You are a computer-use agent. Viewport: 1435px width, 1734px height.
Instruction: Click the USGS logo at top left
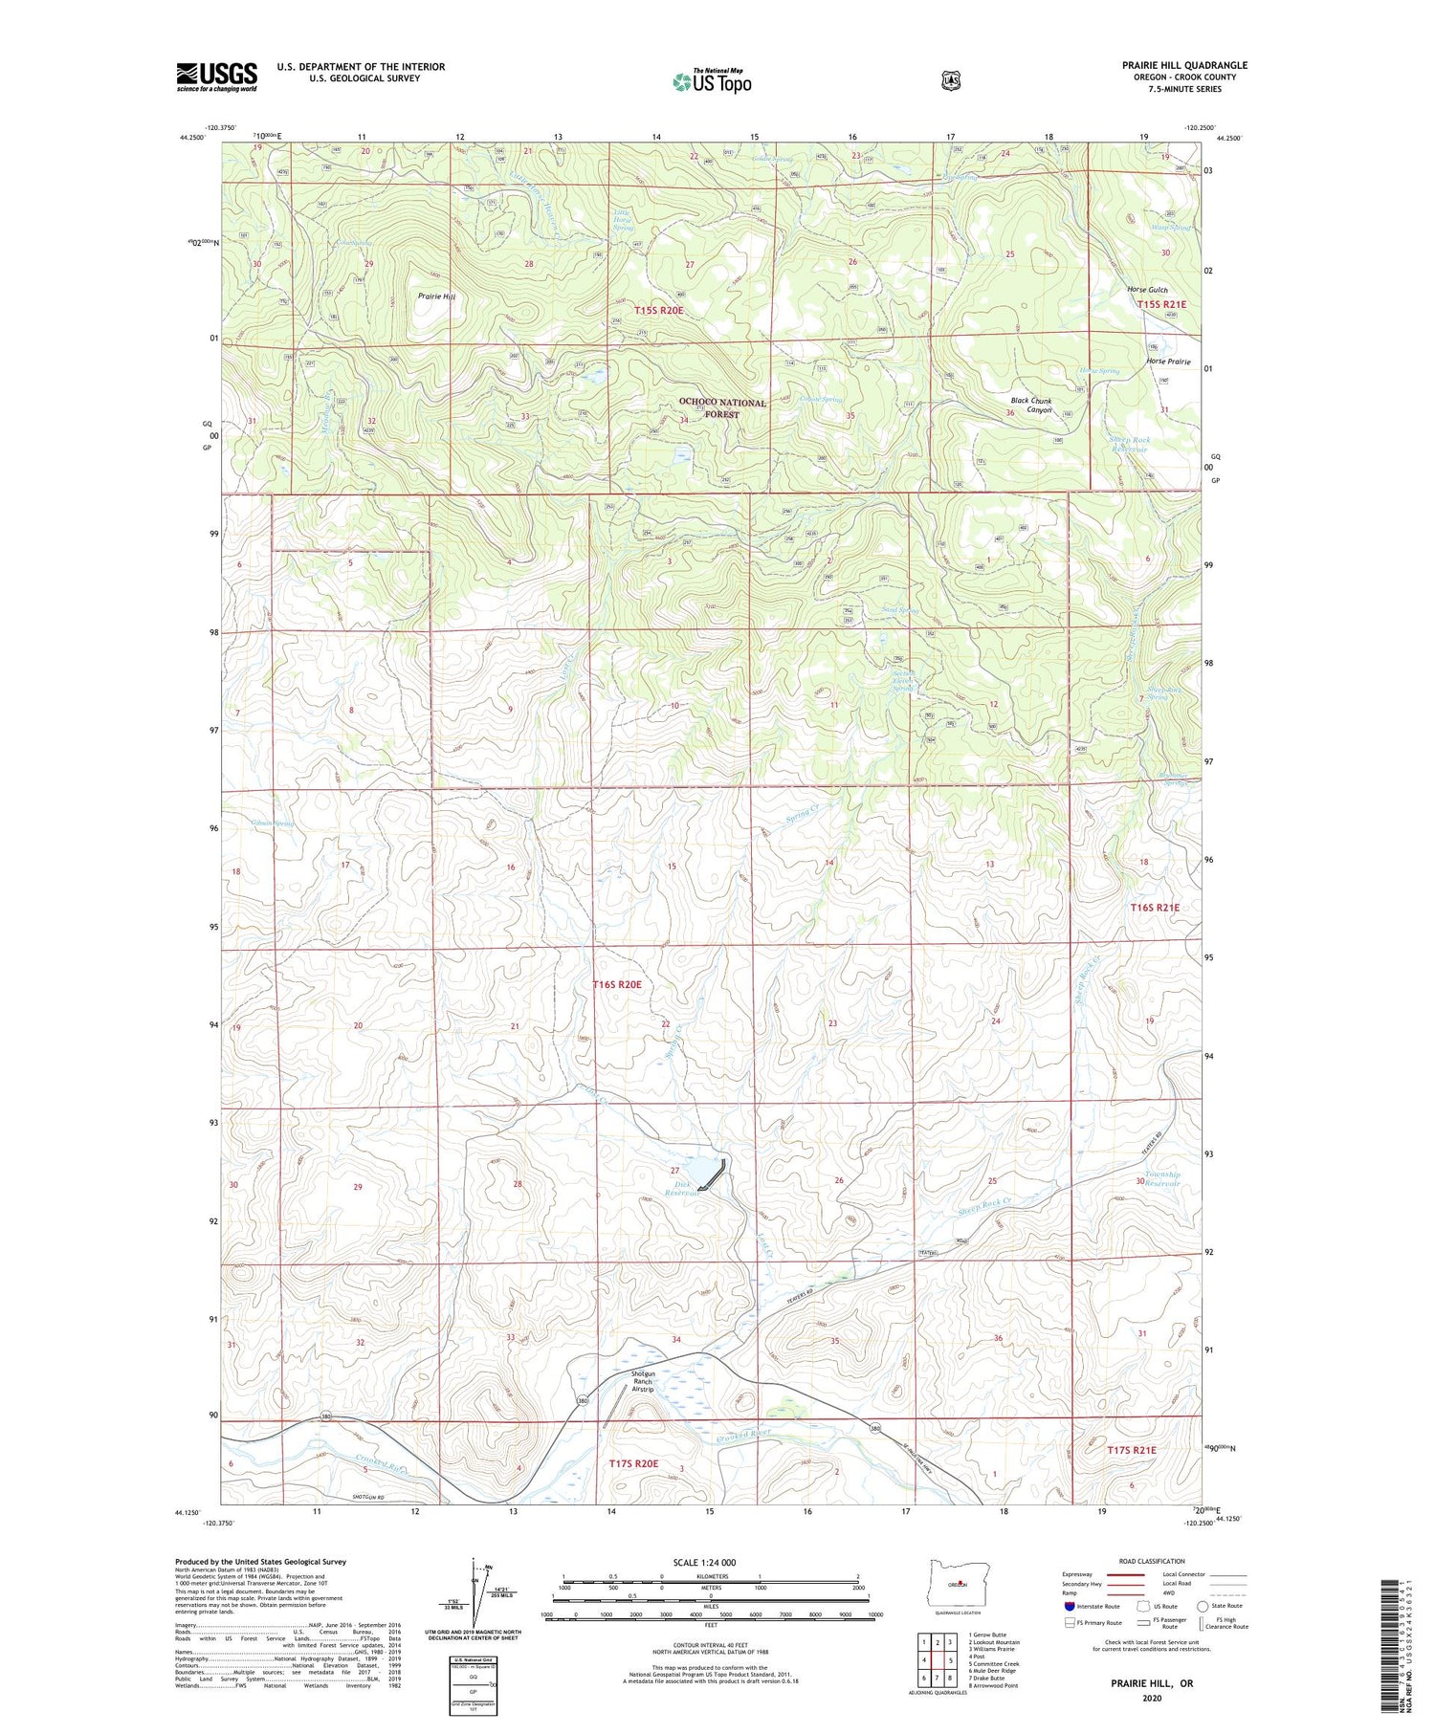coord(216,77)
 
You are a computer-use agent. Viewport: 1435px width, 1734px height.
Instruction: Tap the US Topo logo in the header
coord(712,81)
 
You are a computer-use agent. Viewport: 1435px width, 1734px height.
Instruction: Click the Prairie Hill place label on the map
coord(436,296)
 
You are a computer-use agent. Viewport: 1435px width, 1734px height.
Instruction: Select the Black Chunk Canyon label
coord(1031,406)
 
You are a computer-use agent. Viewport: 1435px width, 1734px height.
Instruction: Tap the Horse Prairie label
coord(1168,362)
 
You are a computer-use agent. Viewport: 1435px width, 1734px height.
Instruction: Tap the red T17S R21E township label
coord(1131,1450)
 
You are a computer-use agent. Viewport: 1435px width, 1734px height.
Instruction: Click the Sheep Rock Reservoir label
coord(1129,445)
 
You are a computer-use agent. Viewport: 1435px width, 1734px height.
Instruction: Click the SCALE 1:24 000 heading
coord(710,1562)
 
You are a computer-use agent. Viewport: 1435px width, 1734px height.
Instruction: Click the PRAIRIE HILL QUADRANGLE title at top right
coord(1184,65)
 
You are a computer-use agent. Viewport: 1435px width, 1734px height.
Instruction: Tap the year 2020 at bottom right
coord(1152,1698)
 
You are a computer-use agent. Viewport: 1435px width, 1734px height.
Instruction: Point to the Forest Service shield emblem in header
coord(950,81)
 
